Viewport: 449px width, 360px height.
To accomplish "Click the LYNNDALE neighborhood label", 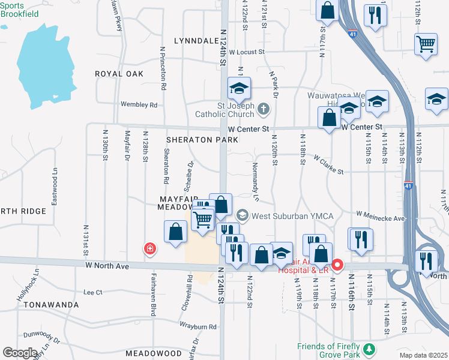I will point(196,41).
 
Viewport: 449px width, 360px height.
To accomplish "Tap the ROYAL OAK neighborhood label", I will point(119,74).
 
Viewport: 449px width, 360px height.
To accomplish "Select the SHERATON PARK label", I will point(202,140).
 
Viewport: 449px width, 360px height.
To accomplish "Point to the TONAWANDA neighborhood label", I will point(51,305).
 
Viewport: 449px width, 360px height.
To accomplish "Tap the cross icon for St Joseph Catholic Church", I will point(264,109).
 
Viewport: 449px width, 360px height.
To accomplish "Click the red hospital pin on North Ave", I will point(338,264).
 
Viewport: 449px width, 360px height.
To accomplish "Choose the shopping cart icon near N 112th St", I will point(426,44).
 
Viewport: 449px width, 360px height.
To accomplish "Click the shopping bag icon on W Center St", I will point(330,117).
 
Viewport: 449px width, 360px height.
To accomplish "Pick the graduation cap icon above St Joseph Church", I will point(239,89).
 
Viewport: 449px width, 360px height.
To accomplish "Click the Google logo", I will point(20,352).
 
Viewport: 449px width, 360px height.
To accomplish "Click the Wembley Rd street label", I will point(139,104).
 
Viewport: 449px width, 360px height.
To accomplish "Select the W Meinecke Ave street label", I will point(381,213).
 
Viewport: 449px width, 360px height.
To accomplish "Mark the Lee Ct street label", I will point(93,292).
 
